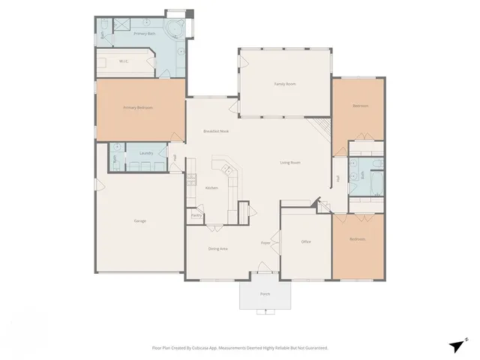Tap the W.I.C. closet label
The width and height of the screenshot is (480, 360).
click(125, 61)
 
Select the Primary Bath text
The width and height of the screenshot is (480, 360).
click(144, 34)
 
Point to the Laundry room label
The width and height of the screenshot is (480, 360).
click(146, 154)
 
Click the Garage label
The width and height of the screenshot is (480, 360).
click(139, 220)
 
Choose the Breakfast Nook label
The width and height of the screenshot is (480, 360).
click(215, 131)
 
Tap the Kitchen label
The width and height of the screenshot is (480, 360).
click(211, 187)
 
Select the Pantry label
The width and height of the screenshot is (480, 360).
click(196, 215)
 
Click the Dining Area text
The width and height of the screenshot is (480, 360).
click(217, 248)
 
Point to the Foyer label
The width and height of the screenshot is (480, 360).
click(265, 243)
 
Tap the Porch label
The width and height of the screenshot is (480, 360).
click(265, 294)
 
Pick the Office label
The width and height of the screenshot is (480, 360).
click(306, 241)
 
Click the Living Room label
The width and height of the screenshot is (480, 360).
click(290, 162)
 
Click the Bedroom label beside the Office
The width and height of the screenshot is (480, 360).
click(358, 239)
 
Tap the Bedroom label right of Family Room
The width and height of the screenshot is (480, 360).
click(360, 106)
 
